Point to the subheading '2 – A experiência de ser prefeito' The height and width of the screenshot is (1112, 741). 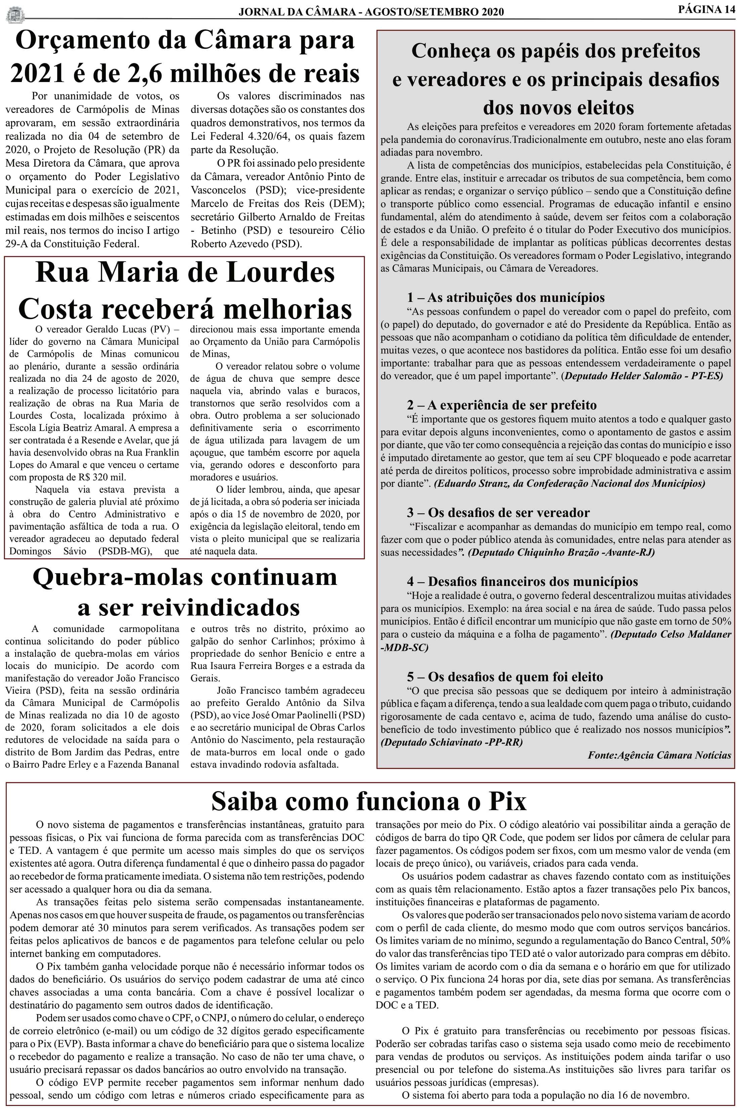pyautogui.click(x=502, y=405)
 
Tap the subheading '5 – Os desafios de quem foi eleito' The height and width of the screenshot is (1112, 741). pyautogui.click(x=505, y=676)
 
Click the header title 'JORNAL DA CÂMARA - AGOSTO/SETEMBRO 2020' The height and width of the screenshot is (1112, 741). pyautogui.click(x=371, y=12)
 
